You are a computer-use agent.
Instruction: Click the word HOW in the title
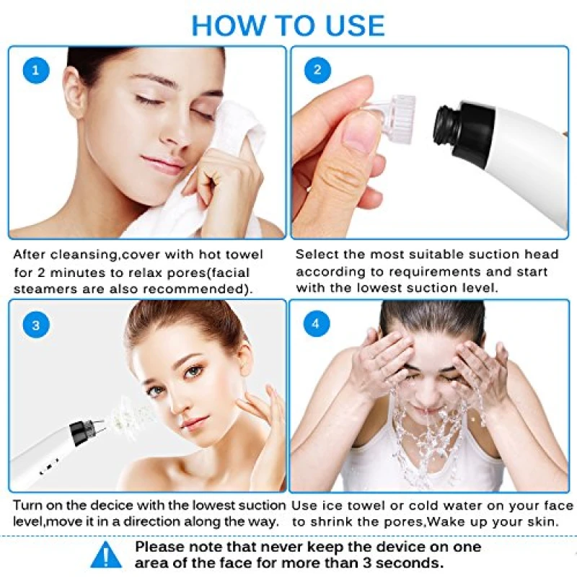coord(228,25)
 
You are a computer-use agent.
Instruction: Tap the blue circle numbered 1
coord(36,70)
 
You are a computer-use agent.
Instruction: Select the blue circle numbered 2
coord(317,70)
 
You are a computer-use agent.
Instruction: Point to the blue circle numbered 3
coord(36,325)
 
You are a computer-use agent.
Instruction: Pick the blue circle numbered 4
coord(316,323)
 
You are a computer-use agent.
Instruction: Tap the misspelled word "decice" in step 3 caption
coord(112,506)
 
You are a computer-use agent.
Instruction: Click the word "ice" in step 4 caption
coord(331,506)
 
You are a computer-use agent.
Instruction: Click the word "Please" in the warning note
coord(159,547)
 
